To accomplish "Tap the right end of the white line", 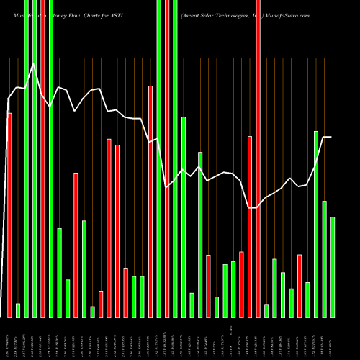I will point(331,137).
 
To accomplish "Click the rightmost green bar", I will point(333,266).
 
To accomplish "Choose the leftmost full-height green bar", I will point(27,158).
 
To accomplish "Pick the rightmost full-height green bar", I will point(175,158).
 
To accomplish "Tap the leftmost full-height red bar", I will point(43,158).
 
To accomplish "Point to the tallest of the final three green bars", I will point(316,223).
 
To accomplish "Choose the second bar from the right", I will point(324,258).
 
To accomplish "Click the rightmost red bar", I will point(300,285).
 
